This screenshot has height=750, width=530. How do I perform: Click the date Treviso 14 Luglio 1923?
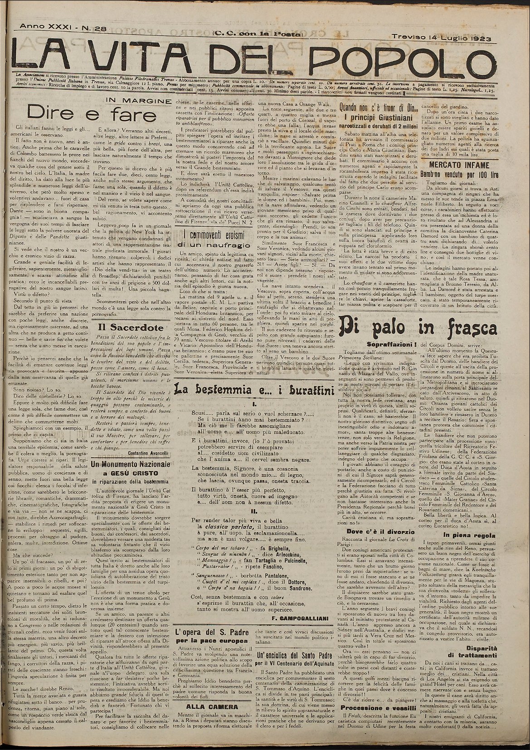click(442, 39)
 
